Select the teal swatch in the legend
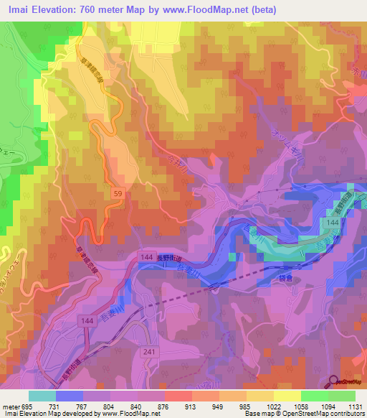pos(42,396)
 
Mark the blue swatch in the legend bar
pos(70,396)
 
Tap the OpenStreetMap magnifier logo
pos(334,384)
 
